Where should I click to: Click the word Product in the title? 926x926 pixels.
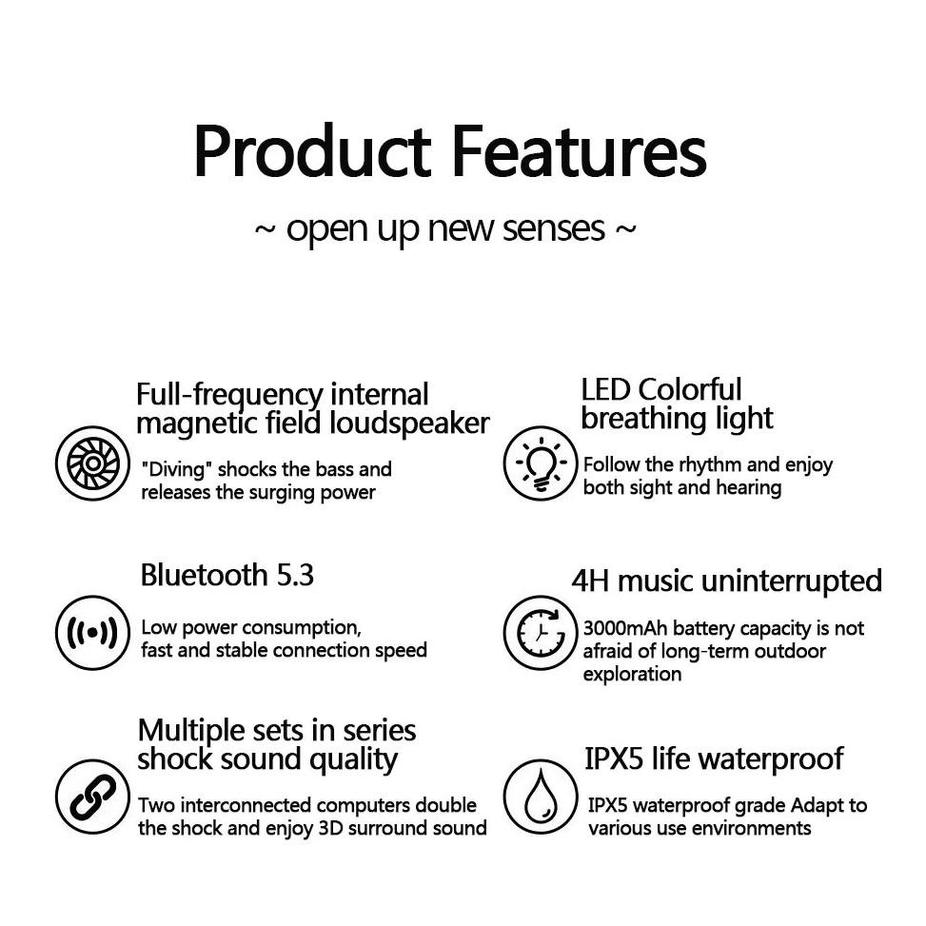pos(312,152)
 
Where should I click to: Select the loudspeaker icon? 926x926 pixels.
pos(92,463)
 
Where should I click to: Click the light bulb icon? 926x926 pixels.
pos(540,463)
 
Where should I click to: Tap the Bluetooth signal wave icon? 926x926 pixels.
pos(92,633)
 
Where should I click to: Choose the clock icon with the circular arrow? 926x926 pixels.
pos(540,633)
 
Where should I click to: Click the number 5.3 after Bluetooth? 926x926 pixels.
pos(294,576)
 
